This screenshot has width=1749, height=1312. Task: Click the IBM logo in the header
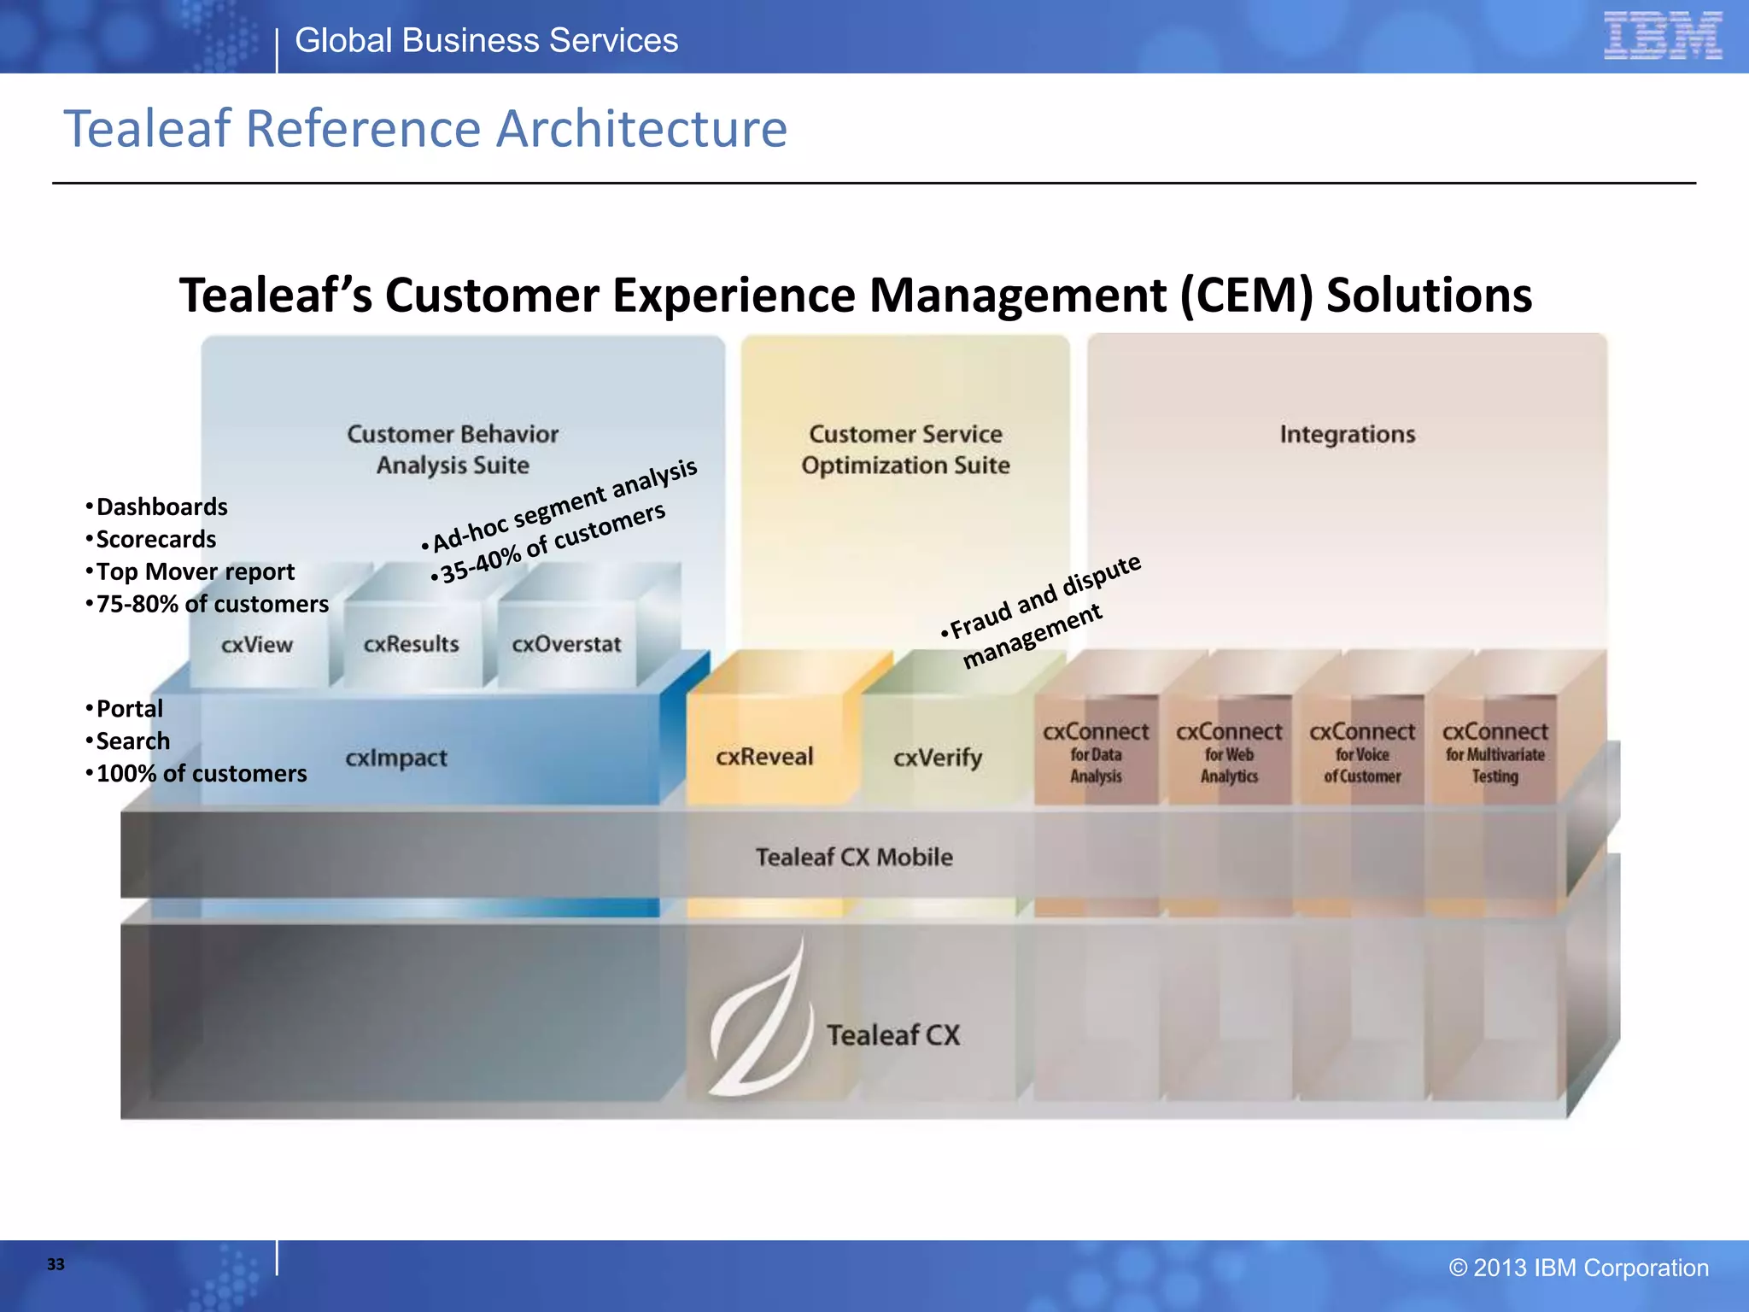tap(1662, 36)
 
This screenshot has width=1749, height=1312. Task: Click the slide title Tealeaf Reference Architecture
tap(425, 129)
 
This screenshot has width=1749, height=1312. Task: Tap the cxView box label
tap(256, 645)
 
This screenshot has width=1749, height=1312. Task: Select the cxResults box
tap(411, 644)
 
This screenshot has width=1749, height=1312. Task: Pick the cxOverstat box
tap(566, 644)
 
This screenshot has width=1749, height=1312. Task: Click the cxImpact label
tap(396, 758)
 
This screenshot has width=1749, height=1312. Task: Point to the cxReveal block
tap(764, 757)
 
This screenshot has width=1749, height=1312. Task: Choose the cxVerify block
tap(938, 758)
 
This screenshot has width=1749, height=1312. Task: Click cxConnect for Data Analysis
tap(1096, 753)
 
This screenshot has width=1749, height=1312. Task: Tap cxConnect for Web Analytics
tap(1229, 753)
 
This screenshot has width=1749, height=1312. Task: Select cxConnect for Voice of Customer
tap(1362, 753)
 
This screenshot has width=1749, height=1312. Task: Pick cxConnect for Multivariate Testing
tap(1495, 753)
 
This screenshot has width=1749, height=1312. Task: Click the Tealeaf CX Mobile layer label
tap(854, 857)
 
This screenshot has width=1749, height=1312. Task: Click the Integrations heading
tap(1347, 434)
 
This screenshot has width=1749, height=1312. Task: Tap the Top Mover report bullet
tap(195, 571)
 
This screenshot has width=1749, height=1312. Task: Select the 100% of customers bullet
tap(201, 773)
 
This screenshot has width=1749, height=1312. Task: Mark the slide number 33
tap(56, 1264)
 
